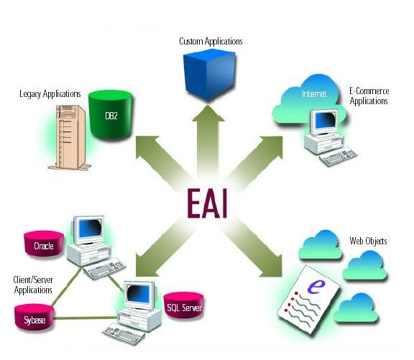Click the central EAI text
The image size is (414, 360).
click(207, 203)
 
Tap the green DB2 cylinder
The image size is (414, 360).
click(111, 114)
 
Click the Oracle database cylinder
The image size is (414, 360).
click(44, 244)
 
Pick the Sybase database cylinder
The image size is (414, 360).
click(34, 317)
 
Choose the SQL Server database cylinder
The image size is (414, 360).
click(184, 305)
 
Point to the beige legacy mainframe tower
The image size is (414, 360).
click(70, 137)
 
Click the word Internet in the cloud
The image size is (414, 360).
click(314, 93)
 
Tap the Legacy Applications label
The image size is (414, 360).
click(50, 94)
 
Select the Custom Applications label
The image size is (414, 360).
click(211, 42)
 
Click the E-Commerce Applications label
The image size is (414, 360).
click(369, 96)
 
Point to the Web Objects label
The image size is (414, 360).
click(368, 241)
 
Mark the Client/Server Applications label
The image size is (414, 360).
click(33, 285)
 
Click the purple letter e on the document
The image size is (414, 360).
click(316, 287)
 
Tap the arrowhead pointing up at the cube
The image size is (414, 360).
click(208, 114)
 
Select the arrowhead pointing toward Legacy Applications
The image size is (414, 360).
click(147, 147)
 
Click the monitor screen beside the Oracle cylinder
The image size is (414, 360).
click(90, 229)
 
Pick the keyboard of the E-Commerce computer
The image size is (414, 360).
click(339, 158)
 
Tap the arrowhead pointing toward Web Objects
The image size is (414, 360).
click(271, 266)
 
